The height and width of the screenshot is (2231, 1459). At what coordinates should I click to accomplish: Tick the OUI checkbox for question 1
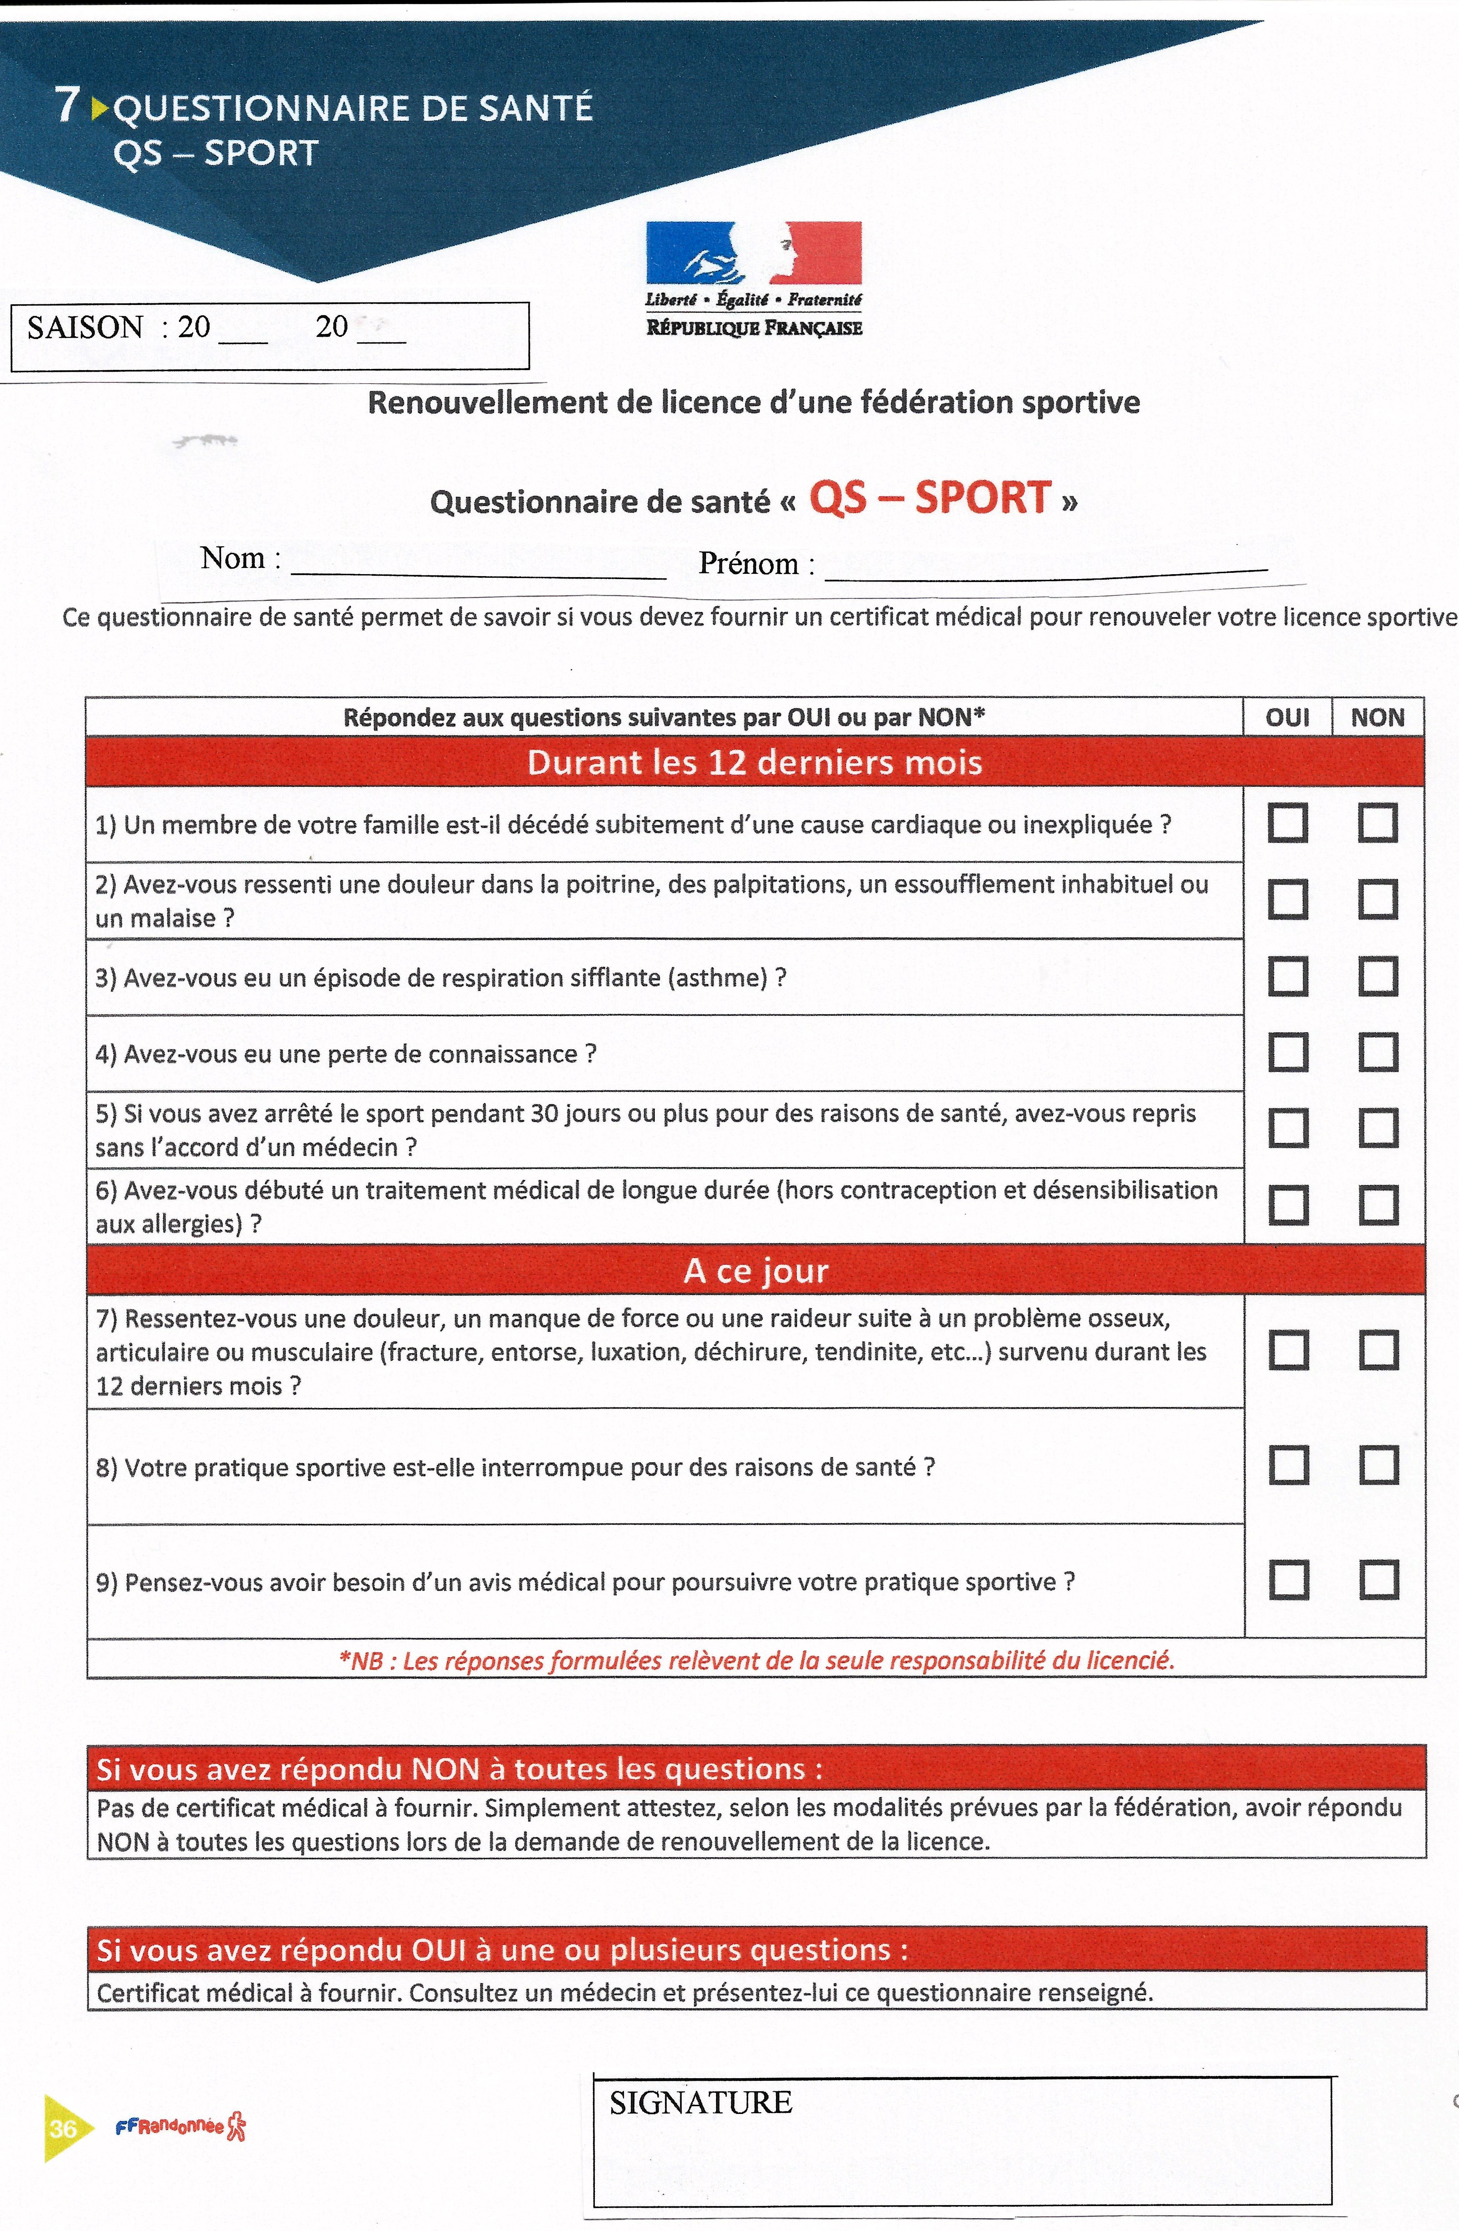tap(1288, 823)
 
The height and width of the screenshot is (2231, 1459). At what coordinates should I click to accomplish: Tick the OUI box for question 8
tap(1289, 1465)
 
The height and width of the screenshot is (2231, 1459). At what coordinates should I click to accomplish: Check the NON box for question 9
tap(1378, 1579)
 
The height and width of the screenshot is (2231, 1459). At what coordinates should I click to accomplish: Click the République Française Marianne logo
tap(753, 253)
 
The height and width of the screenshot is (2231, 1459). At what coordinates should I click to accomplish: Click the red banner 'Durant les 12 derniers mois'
tap(754, 762)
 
